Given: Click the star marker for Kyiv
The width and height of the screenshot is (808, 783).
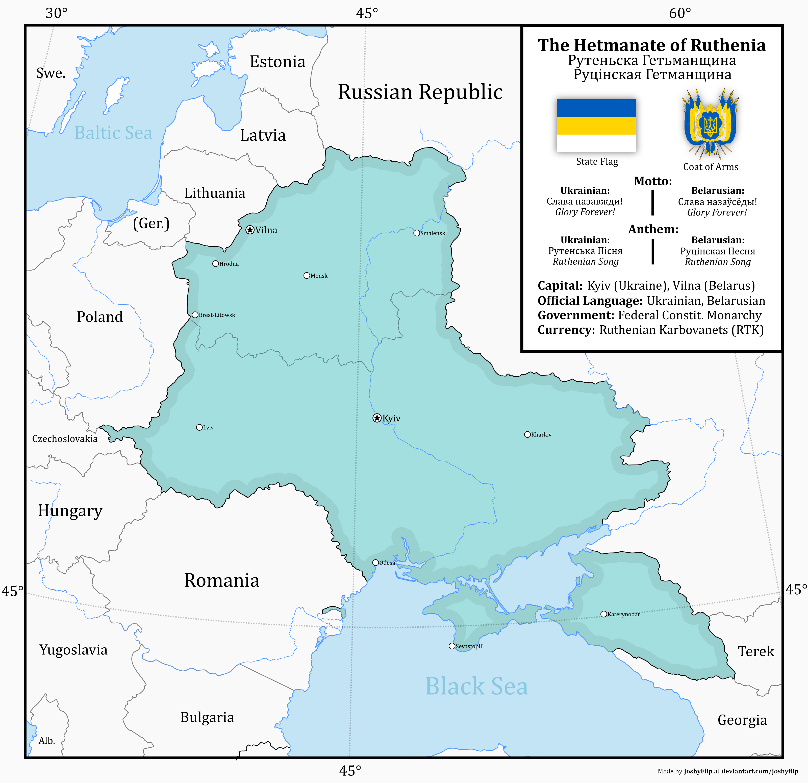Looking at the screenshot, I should click(x=377, y=418).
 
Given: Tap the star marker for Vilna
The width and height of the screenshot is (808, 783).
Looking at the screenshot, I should click(x=250, y=230).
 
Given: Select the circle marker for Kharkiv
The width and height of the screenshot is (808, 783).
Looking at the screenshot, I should click(x=527, y=434).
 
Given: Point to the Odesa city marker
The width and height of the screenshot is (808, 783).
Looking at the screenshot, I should click(x=375, y=562).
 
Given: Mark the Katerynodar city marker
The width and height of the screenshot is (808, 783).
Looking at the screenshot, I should click(x=603, y=614).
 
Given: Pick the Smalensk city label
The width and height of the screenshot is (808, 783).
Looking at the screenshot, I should click(x=433, y=233).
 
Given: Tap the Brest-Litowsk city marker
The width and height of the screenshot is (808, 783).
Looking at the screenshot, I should click(x=195, y=315).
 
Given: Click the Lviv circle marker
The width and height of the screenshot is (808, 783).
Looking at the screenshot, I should click(x=199, y=427).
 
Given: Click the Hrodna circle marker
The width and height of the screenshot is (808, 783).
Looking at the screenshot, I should click(x=215, y=263).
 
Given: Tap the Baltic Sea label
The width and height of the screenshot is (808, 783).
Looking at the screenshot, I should click(x=113, y=133).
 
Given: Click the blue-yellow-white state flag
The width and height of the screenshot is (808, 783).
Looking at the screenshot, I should click(x=596, y=125).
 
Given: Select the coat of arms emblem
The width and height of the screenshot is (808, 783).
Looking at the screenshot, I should click(x=710, y=124).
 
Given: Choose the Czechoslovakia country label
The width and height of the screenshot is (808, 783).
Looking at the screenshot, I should click(x=65, y=438).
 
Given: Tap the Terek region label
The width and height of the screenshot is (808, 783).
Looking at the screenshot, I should click(x=756, y=651).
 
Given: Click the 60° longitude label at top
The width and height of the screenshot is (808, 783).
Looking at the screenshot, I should click(x=680, y=13).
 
